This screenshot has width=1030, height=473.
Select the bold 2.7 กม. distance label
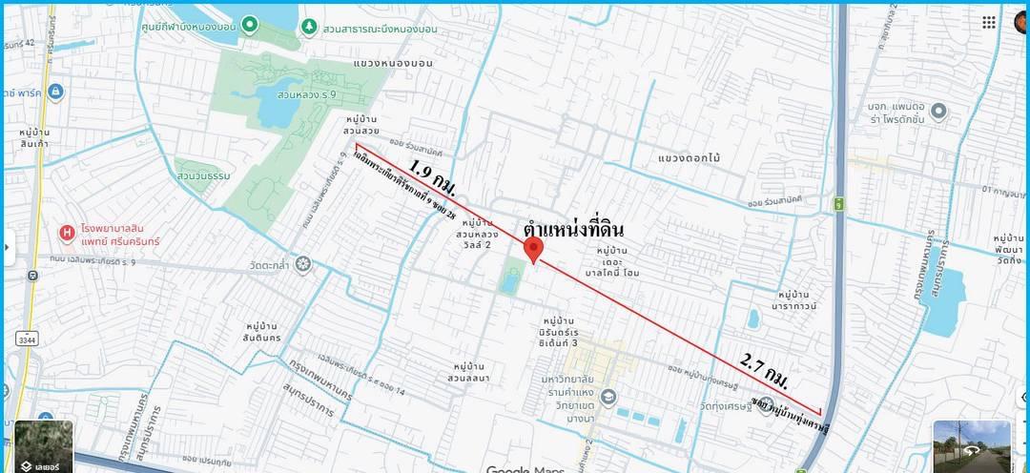pos(765,370)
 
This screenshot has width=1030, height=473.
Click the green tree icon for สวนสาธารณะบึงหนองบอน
pos(309,26)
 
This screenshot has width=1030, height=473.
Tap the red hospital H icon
pos(67,232)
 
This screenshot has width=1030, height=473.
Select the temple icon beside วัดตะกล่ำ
pos(303,263)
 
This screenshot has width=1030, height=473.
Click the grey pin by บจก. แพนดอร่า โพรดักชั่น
pos(938,113)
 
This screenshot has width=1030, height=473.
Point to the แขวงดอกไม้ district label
pos(688,155)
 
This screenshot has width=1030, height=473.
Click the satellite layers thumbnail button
pos(42,445)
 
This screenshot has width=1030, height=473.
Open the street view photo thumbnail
pos(971,445)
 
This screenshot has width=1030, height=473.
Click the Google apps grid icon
pos(990,22)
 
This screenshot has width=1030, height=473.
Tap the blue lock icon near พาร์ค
pos(54,92)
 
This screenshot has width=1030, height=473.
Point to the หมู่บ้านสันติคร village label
pos(261,332)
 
